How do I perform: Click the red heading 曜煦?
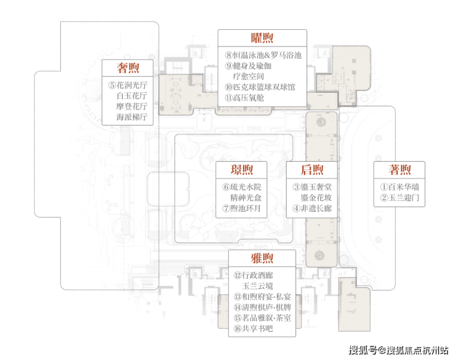[x=262, y=38]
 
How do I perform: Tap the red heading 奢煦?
[x=128, y=68]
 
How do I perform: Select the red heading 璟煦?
[x=241, y=170]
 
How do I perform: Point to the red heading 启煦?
[x=312, y=170]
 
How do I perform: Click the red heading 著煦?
[x=399, y=170]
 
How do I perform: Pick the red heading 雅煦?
[x=262, y=258]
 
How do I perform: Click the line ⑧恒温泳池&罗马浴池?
[x=263, y=55]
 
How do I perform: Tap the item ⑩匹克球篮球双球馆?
[x=260, y=87]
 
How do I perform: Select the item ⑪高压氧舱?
[x=244, y=98]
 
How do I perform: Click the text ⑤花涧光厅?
[x=128, y=85]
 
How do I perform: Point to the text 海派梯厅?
[x=131, y=117]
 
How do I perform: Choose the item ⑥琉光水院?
[x=242, y=187]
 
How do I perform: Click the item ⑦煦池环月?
[x=241, y=208]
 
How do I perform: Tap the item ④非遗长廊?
[x=312, y=208]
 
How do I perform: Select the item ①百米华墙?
[x=399, y=187]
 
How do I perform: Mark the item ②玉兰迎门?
[x=399, y=198]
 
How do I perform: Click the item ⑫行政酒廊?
[x=253, y=275]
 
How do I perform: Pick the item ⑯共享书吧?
[x=253, y=328]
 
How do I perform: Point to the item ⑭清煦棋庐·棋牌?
[x=262, y=307]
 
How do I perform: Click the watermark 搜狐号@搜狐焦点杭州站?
[x=398, y=350]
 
